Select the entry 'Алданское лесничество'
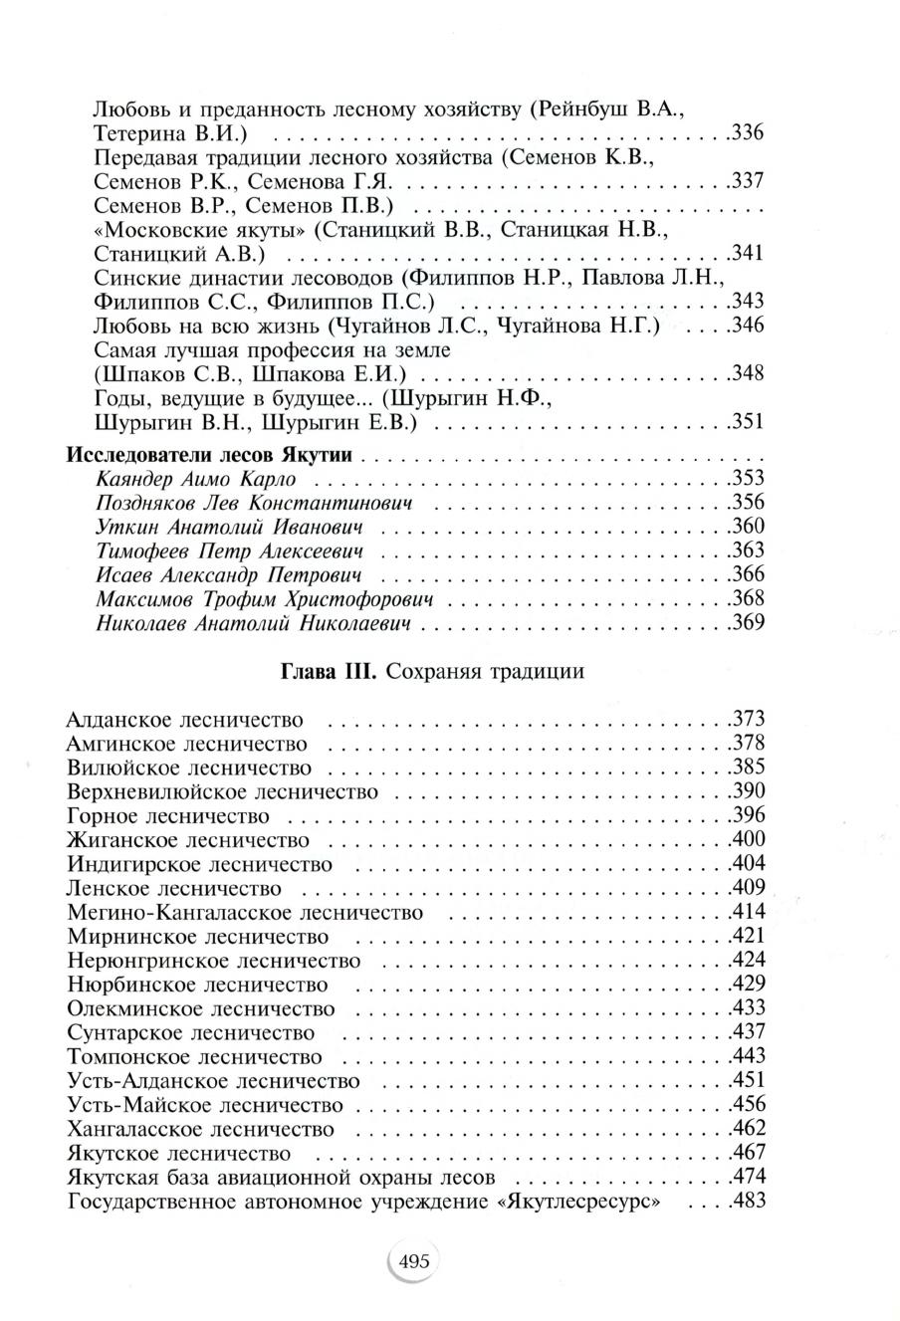point(185,720)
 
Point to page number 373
point(747,720)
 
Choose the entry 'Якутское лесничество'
point(179,1153)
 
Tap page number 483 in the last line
point(747,1201)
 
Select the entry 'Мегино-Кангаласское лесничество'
point(245,912)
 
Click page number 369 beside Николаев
point(747,624)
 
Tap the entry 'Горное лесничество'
point(168,816)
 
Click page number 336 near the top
point(747,132)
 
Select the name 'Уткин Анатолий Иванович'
point(228,528)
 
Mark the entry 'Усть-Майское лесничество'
point(205,1105)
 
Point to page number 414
point(747,912)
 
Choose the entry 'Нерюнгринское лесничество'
point(214,961)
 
